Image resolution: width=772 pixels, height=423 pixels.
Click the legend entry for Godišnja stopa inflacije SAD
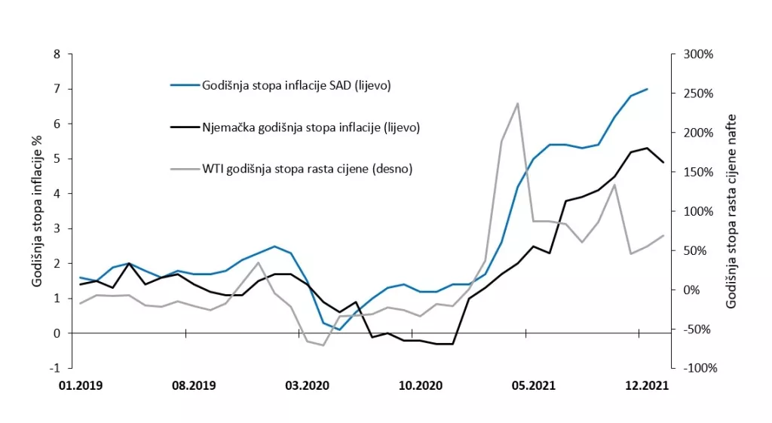coord(296,85)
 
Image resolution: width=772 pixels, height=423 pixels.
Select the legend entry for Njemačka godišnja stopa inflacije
coord(310,127)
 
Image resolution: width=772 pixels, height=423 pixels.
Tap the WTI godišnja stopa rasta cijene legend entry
coord(307,169)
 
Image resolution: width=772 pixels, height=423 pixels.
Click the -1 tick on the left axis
coord(55,368)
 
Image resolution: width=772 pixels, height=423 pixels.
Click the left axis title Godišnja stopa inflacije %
coord(36,211)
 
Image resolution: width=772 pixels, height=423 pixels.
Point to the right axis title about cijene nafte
coord(731,211)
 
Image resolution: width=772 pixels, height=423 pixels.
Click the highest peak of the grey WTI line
coord(517,103)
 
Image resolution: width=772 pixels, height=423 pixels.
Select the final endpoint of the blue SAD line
coord(647,89)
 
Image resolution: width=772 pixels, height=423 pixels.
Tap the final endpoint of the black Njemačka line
coord(663,162)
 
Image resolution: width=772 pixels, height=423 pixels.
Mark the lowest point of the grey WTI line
coord(323,345)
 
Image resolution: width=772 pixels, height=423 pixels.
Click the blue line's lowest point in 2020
coord(339,330)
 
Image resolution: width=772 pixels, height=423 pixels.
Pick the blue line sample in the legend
coord(183,85)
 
